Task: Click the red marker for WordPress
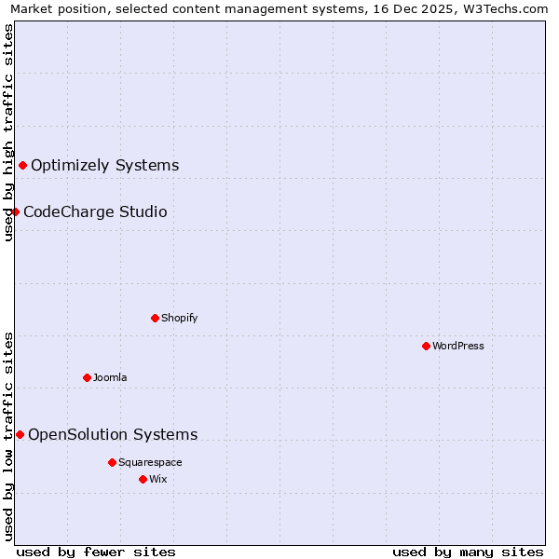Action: [426, 346]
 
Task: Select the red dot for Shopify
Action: [155, 318]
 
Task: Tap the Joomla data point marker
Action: [87, 377]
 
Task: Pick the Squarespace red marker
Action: [112, 462]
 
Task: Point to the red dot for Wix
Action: [143, 479]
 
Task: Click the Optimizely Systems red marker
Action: [22, 166]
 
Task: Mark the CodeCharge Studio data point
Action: [15, 211]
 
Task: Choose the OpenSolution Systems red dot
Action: [20, 434]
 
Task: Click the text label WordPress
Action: [458, 346]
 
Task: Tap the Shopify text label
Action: [180, 318]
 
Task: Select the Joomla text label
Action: [110, 377]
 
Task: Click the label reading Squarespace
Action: [150, 462]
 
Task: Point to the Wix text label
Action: [157, 479]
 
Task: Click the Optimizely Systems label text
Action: [104, 166]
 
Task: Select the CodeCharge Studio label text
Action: [95, 211]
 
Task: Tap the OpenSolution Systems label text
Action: [113, 434]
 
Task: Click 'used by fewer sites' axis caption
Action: [96, 552]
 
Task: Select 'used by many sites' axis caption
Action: [468, 552]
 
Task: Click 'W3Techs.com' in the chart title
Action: [509, 9]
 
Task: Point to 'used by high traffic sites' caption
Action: [9, 132]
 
